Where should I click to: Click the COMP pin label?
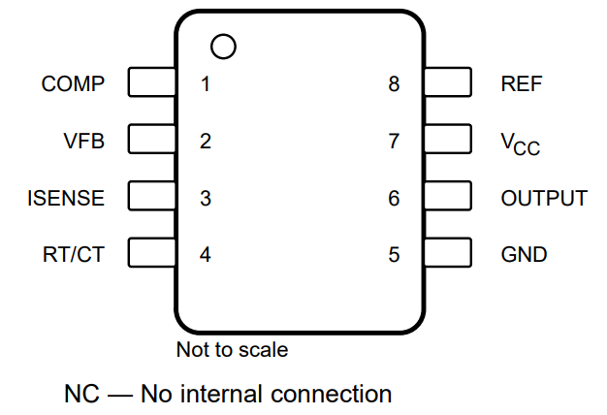(x=73, y=83)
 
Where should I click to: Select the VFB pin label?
(x=83, y=141)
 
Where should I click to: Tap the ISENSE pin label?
(x=66, y=199)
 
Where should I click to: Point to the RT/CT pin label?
(x=73, y=256)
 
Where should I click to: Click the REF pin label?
(x=521, y=83)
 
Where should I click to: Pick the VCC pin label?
(x=520, y=143)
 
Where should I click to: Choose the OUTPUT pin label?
(x=544, y=199)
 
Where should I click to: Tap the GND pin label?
(x=524, y=256)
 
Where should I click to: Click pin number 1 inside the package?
(x=206, y=83)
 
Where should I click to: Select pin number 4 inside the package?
(x=206, y=256)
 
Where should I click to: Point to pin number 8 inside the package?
(x=394, y=83)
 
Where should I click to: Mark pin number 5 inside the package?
(x=394, y=256)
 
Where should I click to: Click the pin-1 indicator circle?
(x=223, y=46)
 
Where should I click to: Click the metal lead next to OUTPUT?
(x=448, y=197)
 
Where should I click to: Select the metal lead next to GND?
(x=448, y=254)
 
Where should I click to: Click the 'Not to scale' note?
(x=232, y=349)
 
